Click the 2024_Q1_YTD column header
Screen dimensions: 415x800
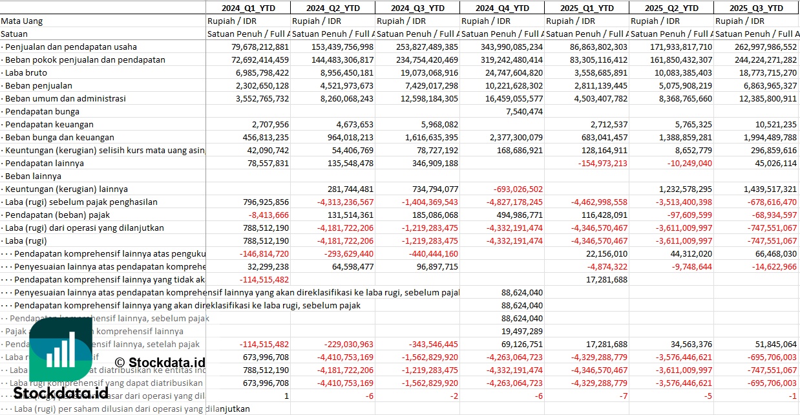pos(249,8)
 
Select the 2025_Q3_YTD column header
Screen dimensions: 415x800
pos(756,8)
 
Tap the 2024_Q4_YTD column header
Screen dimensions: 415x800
pos(502,8)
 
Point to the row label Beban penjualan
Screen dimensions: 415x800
pos(38,85)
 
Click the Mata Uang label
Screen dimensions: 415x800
pos(22,21)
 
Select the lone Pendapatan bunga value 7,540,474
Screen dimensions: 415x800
pos(521,111)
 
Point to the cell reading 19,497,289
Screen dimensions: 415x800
pos(521,331)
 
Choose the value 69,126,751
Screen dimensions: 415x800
pos(521,344)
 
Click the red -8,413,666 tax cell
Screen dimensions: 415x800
pos(265,215)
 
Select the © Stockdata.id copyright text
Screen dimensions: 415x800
pos(160,362)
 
